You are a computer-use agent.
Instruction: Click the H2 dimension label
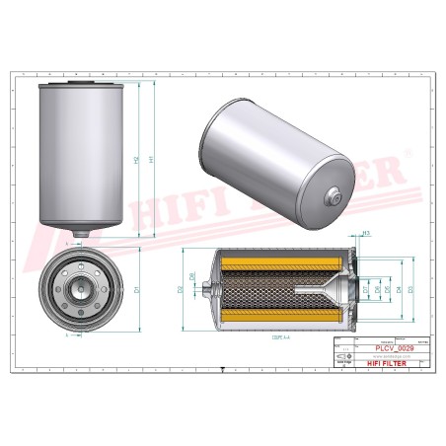point(135,159)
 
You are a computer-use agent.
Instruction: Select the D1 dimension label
point(135,289)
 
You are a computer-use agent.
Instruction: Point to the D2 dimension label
point(181,289)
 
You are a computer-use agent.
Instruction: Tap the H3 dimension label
point(366,233)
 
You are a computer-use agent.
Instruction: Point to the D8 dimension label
point(193,277)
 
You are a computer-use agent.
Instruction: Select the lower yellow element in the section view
point(276,319)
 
